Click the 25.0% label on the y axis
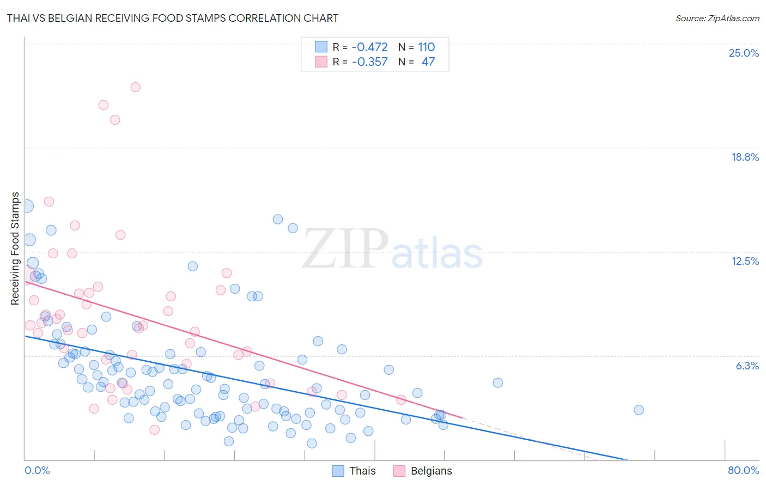coord(744,53)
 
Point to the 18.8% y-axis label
coord(745,157)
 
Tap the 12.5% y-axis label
coord(745,261)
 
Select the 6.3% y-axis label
coord(747,366)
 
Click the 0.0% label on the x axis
coord(37,470)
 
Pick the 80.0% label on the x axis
coord(743,470)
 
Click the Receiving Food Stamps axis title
coord(15,248)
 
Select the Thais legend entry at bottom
coord(362,471)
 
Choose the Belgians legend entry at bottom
coord(431,471)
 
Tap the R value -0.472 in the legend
coord(369,47)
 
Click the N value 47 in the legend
coord(428,62)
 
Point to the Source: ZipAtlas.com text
coord(717,18)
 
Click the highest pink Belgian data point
coord(136,87)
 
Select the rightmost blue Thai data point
coord(639,410)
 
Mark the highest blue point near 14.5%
coord(278,219)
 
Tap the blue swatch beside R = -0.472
coord(321,47)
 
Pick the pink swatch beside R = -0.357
coord(321,62)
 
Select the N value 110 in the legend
coord(426,47)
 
